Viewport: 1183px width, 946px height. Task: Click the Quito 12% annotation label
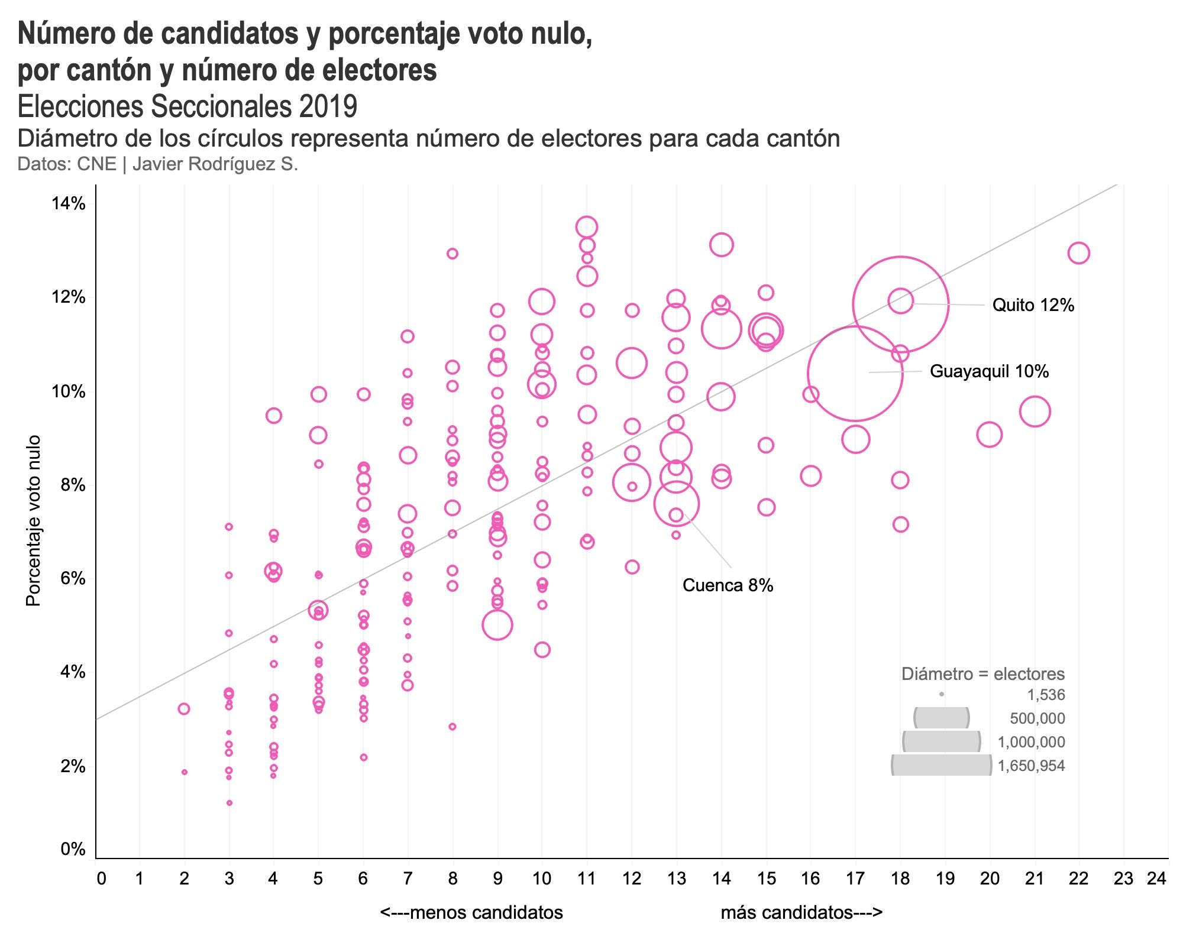click(x=1033, y=305)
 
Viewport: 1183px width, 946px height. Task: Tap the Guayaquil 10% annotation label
click(x=989, y=371)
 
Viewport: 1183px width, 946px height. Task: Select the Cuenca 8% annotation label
click(x=728, y=585)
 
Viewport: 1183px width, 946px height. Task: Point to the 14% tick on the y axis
click(x=69, y=204)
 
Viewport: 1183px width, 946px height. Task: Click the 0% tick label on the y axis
click(x=73, y=850)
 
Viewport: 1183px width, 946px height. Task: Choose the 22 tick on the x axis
click(x=1079, y=879)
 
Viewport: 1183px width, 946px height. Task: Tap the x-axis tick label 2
click(x=184, y=879)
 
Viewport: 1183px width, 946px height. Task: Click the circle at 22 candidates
click(x=1079, y=253)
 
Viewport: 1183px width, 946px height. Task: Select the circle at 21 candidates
click(x=1035, y=412)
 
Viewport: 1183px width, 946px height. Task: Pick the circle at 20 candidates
click(x=990, y=435)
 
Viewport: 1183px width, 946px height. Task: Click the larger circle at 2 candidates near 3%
click(x=184, y=709)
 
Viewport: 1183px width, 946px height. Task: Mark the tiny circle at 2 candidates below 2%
click(x=185, y=772)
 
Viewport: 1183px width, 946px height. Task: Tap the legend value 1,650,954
click(x=1031, y=766)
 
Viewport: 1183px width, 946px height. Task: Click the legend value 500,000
click(x=1037, y=719)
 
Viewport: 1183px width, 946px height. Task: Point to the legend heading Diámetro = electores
click(x=982, y=674)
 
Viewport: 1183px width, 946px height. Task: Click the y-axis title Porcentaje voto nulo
click(x=34, y=520)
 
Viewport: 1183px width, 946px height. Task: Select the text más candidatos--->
click(x=801, y=913)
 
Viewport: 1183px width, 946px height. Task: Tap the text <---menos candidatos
click(x=471, y=913)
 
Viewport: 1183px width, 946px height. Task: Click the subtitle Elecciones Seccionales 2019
click(x=188, y=107)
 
